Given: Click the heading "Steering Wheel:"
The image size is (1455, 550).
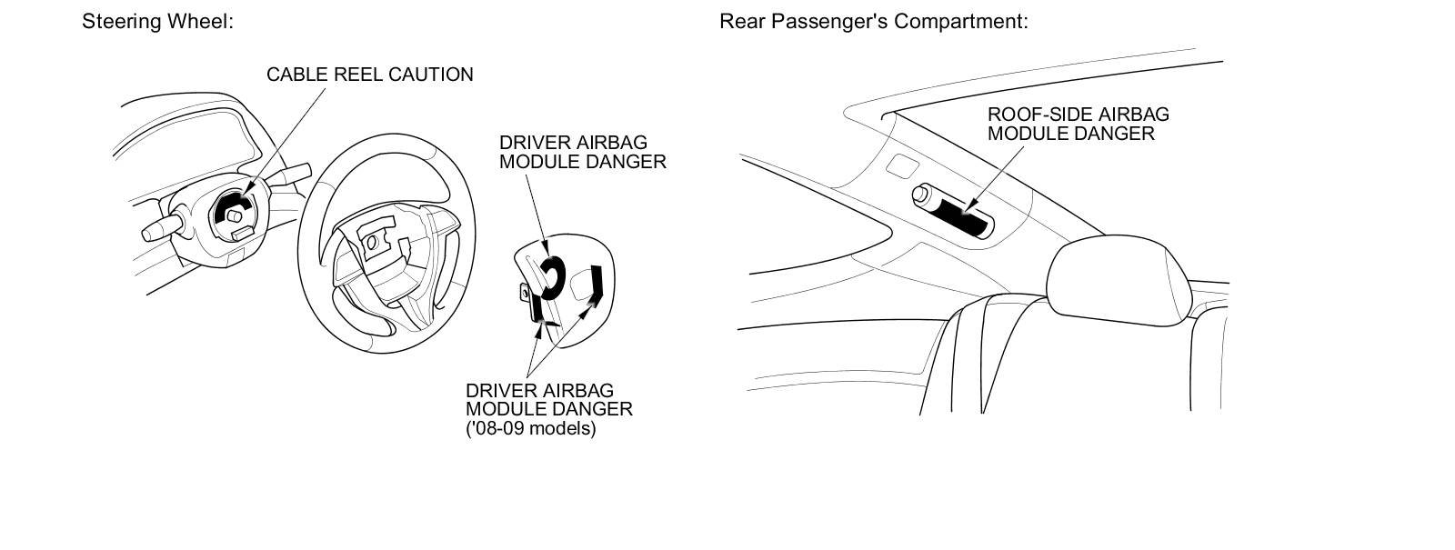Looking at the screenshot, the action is point(157,21).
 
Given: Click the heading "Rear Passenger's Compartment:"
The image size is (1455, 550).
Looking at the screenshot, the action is point(873,21).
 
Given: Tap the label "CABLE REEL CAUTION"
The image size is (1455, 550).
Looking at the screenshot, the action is point(369,75).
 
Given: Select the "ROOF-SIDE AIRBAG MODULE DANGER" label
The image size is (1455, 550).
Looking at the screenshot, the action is point(1078,125).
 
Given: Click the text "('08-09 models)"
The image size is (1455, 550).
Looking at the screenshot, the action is point(530,428).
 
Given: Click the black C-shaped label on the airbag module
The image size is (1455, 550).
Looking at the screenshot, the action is point(551,276).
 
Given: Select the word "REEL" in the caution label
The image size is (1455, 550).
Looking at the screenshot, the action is point(363,75).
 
